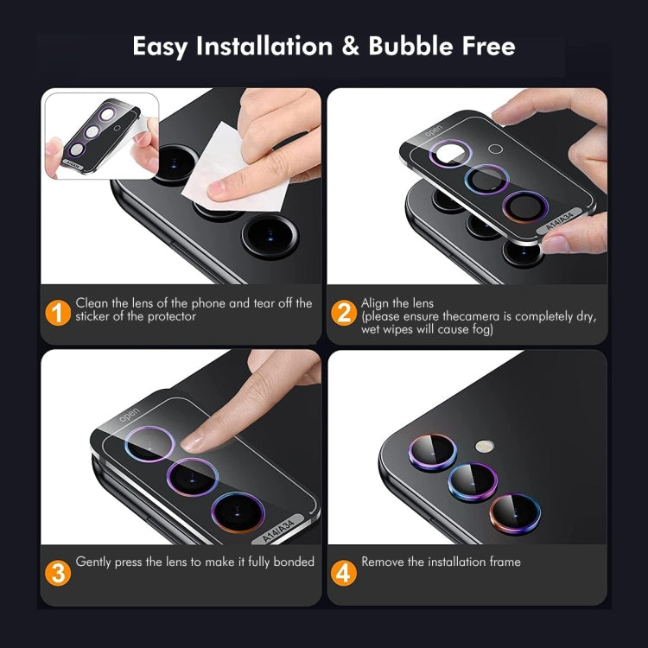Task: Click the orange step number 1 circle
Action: pyautogui.click(x=58, y=311)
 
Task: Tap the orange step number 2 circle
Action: pyautogui.click(x=344, y=311)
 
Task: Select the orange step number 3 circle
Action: pyautogui.click(x=58, y=571)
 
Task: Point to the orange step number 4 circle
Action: pyautogui.click(x=344, y=571)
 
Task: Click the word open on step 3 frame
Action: pyautogui.click(x=130, y=413)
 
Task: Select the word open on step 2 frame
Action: pyautogui.click(x=433, y=129)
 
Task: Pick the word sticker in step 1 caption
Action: pyautogui.click(x=95, y=316)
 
